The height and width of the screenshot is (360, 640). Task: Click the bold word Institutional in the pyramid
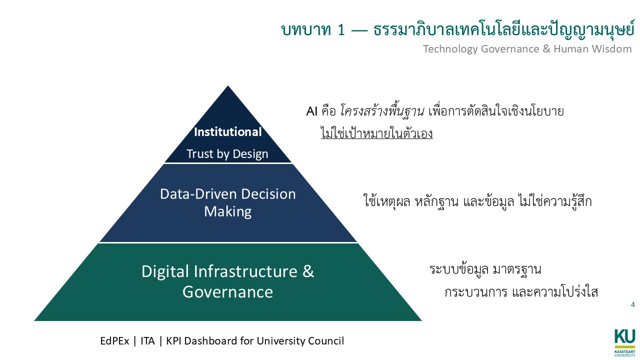[x=227, y=132]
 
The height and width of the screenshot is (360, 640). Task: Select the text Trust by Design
[x=227, y=154]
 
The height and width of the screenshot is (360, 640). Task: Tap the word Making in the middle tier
[x=227, y=211]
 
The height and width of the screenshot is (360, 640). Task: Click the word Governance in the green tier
[x=227, y=291]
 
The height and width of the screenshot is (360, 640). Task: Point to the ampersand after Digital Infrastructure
[x=308, y=271]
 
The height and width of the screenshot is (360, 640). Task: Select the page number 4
[x=633, y=304]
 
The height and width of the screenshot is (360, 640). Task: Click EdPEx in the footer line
[x=114, y=341]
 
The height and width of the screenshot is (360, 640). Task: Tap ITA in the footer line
[x=147, y=341]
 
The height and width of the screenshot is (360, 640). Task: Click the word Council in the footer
[x=325, y=341]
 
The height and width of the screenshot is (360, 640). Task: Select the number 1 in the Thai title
[x=341, y=30]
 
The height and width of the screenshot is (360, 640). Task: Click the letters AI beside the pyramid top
[x=312, y=111]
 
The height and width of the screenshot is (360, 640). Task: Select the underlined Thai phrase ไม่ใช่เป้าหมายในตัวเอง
[x=376, y=134]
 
